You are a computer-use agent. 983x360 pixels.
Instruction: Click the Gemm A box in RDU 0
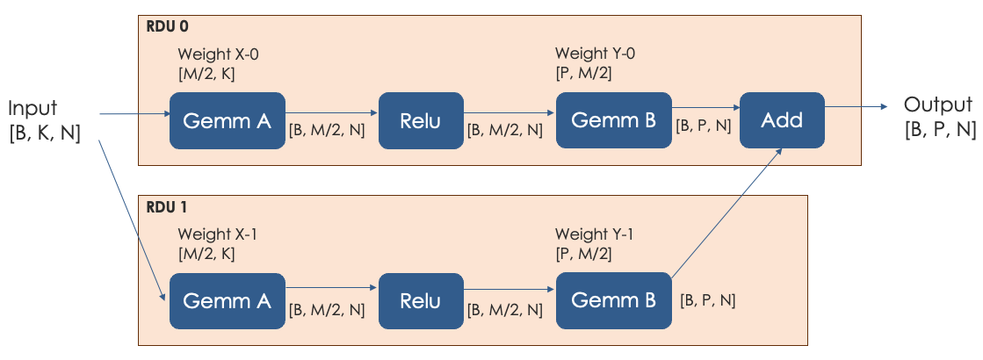[x=227, y=120]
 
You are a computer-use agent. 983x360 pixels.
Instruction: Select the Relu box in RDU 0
[x=420, y=120]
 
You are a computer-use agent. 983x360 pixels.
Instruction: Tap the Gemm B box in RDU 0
[x=613, y=120]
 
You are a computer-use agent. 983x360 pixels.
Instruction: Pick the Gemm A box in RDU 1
[x=227, y=301]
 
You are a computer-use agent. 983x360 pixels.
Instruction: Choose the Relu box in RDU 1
[x=420, y=301]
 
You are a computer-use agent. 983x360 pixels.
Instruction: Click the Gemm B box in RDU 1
[x=613, y=301]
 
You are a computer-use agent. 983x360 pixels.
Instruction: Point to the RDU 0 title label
[x=164, y=27]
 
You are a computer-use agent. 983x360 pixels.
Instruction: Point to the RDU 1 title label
[x=164, y=209]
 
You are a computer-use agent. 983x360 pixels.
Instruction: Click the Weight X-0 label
[x=218, y=54]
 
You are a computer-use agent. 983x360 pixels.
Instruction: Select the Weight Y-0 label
[x=595, y=54]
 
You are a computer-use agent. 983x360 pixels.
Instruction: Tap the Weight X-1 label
[x=218, y=234]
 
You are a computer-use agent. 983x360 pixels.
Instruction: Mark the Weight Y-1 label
[x=595, y=234]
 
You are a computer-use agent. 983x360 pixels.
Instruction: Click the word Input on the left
[x=33, y=108]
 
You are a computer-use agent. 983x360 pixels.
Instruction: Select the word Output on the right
[x=938, y=105]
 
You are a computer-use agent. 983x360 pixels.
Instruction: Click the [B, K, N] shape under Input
[x=45, y=133]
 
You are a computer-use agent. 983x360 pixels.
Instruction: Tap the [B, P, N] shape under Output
[x=940, y=129]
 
